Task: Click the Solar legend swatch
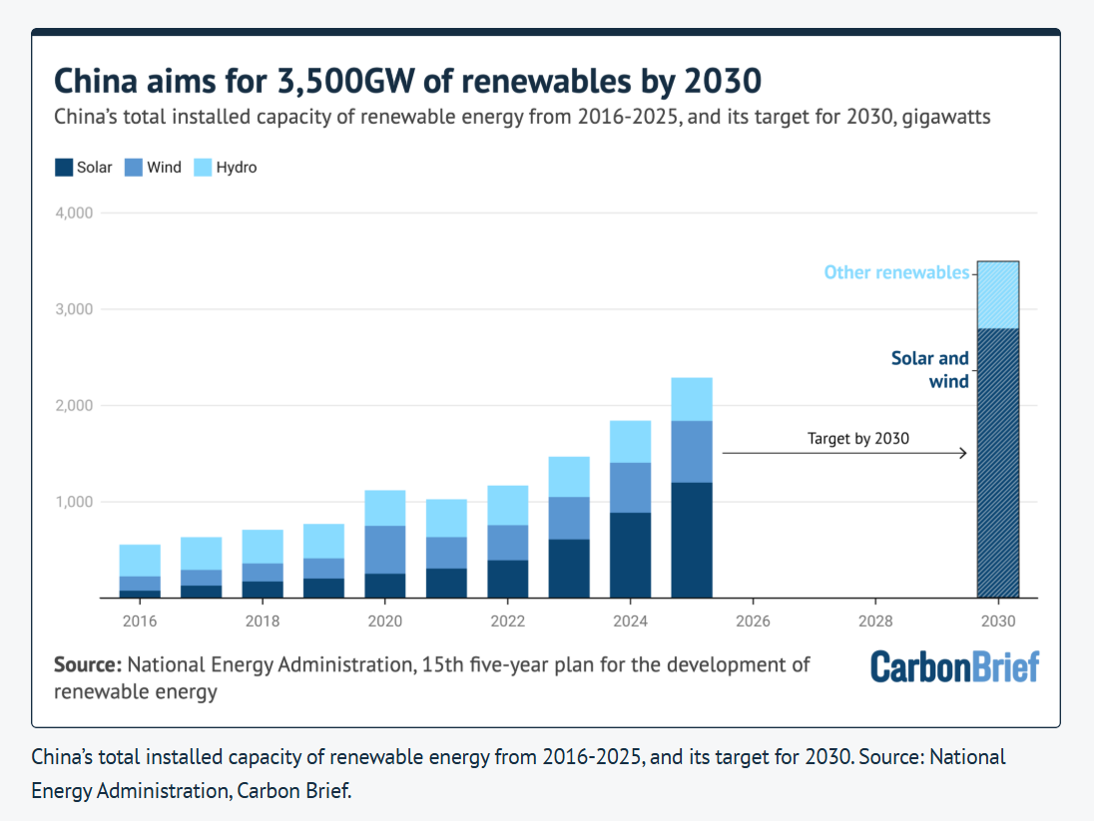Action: pos(64,168)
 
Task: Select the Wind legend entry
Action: pos(153,168)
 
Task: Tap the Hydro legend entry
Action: pos(226,168)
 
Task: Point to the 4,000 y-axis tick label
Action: pos(74,212)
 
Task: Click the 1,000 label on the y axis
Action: pos(74,502)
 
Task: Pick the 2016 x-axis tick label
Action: pos(140,620)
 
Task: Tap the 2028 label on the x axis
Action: pos(875,620)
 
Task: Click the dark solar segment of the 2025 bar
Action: pos(692,540)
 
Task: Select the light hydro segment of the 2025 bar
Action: pos(692,400)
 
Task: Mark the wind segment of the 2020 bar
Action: pos(385,550)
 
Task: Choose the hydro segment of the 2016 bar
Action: pos(140,561)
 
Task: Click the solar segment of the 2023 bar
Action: pos(569,569)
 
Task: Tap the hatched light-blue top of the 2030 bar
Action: pos(998,295)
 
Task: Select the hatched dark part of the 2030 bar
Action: pos(998,463)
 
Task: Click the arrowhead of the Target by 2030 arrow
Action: pos(963,454)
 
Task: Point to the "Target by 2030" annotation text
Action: pos(858,439)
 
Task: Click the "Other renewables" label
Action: pos(896,272)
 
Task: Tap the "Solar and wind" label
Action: pos(930,370)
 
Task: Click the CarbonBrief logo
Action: pos(955,666)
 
